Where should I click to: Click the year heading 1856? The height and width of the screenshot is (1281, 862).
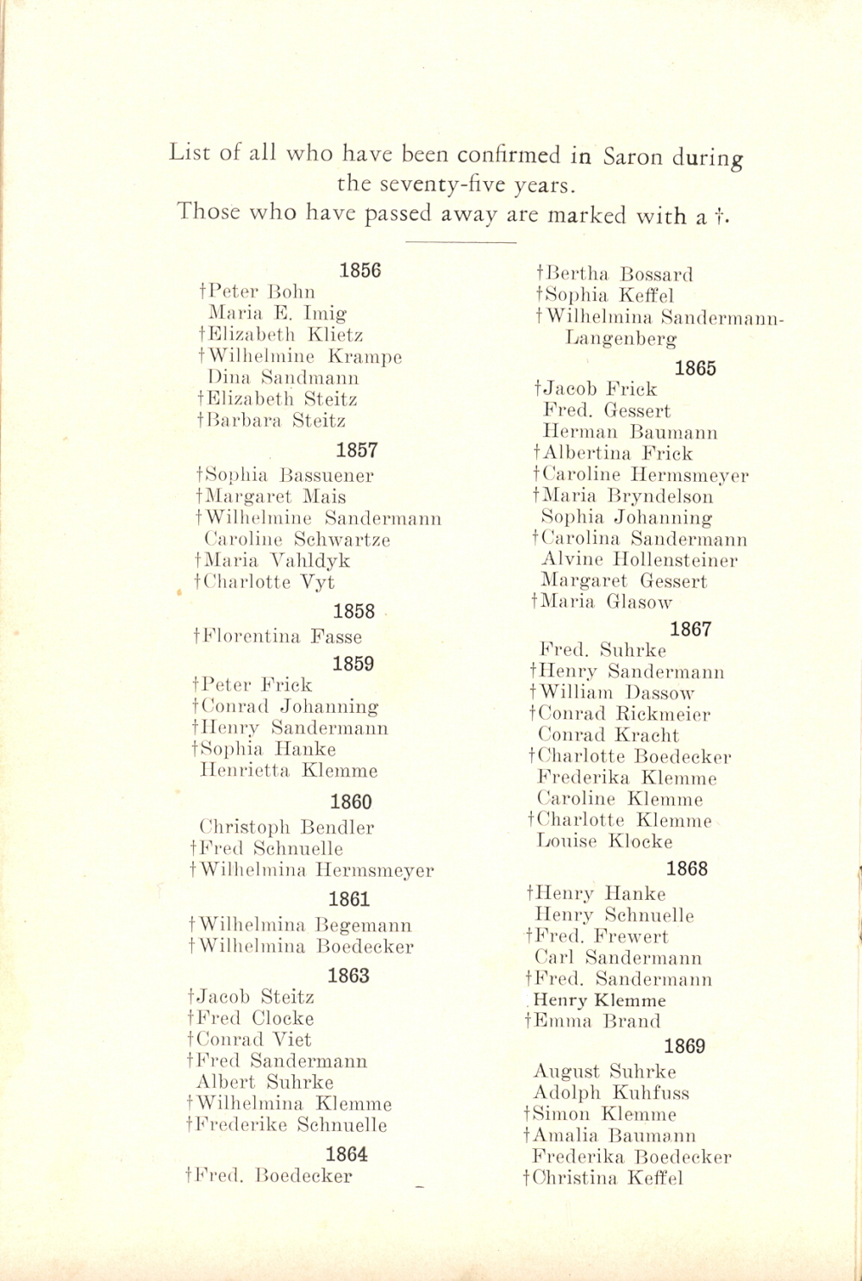point(360,270)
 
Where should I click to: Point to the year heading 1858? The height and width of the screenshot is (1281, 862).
point(354,611)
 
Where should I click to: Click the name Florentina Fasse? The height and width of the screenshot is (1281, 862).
point(278,637)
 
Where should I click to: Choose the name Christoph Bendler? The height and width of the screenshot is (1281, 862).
point(287,828)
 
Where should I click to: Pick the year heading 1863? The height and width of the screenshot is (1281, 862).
point(348,975)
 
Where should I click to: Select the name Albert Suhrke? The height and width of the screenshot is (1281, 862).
point(265,1083)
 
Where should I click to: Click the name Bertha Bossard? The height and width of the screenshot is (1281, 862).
point(615,275)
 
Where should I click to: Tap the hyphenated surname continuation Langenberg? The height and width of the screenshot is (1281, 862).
point(621,339)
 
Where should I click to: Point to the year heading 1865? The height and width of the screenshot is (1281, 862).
point(696,368)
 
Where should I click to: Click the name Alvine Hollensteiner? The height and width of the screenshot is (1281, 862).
point(640,560)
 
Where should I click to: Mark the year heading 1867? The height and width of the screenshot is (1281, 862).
point(690,629)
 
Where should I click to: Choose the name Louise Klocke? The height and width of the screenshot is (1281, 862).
point(604,841)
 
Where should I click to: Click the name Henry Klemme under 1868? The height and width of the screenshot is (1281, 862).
point(599,1001)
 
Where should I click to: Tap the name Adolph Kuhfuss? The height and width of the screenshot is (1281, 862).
point(611,1093)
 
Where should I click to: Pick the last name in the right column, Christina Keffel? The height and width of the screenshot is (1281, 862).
point(603,1178)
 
